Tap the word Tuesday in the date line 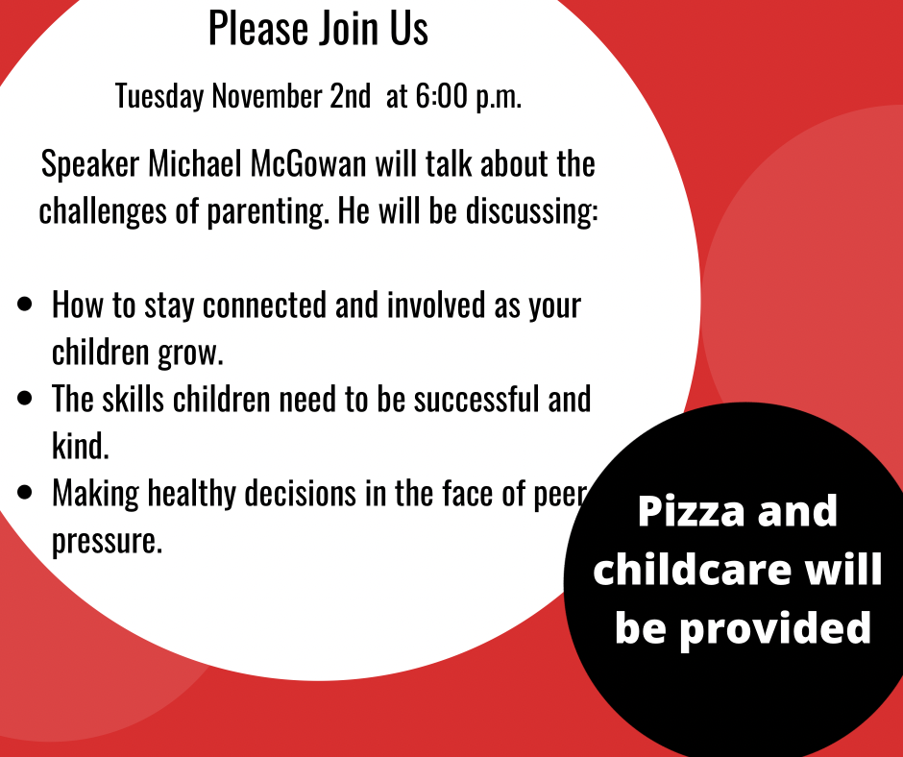(x=159, y=96)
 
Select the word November (x=267, y=95)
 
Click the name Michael (x=195, y=163)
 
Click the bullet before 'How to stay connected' (x=25, y=305)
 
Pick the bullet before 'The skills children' (x=25, y=398)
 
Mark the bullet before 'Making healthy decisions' (x=25, y=492)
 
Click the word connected (x=265, y=305)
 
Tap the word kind (x=81, y=446)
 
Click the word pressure (x=108, y=542)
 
